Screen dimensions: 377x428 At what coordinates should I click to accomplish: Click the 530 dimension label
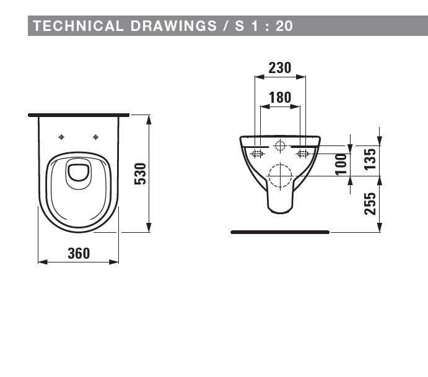[x=141, y=174]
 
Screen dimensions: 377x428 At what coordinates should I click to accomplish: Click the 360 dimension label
[x=79, y=253]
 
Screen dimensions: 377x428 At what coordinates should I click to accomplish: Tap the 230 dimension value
[x=280, y=67]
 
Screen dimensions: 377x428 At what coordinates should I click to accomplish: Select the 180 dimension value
[x=280, y=97]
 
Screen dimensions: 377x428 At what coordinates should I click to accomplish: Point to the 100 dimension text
[x=340, y=165]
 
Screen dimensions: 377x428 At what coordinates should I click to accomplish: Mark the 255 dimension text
[x=370, y=204]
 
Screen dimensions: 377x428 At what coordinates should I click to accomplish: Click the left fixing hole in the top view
[x=61, y=137]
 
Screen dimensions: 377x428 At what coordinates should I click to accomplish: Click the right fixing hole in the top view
[x=95, y=137]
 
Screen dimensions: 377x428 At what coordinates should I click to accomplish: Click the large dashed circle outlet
[x=280, y=176]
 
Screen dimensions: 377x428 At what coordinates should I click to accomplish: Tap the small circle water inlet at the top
[x=280, y=147]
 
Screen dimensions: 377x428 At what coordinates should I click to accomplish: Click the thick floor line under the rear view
[x=280, y=232]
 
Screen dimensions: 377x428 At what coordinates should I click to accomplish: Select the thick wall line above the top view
[x=79, y=115]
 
